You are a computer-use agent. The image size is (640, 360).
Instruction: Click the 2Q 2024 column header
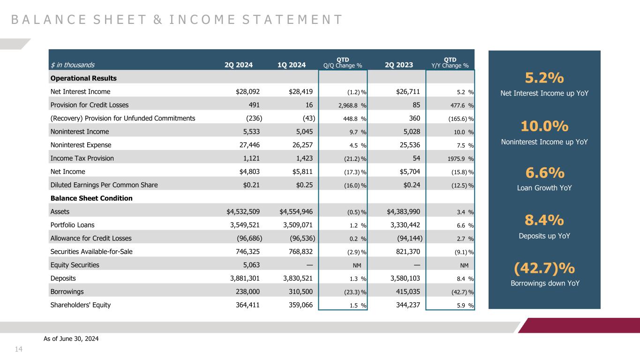pyautogui.click(x=239, y=65)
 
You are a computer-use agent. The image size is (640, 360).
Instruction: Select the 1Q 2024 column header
pyautogui.click(x=292, y=65)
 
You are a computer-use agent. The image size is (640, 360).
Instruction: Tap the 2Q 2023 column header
pyautogui.click(x=399, y=65)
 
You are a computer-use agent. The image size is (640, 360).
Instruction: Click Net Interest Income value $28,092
pyautogui.click(x=248, y=92)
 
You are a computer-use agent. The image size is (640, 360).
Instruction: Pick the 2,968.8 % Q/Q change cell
pyautogui.click(x=352, y=105)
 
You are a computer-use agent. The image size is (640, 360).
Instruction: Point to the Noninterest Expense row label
pyautogui.click(x=81, y=145)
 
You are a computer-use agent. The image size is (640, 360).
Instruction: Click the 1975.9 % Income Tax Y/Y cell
pyautogui.click(x=460, y=158)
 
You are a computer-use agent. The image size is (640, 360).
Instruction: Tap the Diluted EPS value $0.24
pyautogui.click(x=412, y=185)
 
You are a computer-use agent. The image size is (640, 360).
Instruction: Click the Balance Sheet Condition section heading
pyautogui.click(x=91, y=198)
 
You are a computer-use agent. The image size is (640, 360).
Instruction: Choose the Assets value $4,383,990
pyautogui.click(x=403, y=212)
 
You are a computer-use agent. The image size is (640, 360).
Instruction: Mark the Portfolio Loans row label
pyautogui.click(x=72, y=225)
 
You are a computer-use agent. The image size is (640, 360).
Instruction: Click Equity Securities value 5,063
pyautogui.click(x=251, y=265)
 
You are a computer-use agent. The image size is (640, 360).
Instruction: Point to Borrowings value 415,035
pyautogui.click(x=408, y=292)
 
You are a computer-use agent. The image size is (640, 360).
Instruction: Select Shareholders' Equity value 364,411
pyautogui.click(x=248, y=305)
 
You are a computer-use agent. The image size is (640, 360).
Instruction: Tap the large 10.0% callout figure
pyautogui.click(x=544, y=126)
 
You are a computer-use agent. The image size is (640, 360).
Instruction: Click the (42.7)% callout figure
pyautogui.click(x=544, y=268)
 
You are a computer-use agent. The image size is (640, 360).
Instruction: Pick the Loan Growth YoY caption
pyautogui.click(x=544, y=188)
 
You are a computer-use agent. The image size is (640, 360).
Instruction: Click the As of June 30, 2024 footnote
pyautogui.click(x=71, y=339)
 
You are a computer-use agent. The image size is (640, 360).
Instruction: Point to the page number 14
pyautogui.click(x=19, y=349)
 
